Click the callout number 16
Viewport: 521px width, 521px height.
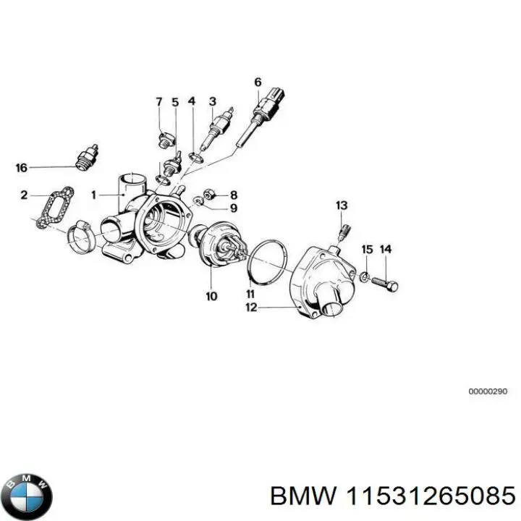pos(22,168)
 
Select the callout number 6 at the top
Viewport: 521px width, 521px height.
pos(257,82)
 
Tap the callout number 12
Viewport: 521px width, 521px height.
pos(251,308)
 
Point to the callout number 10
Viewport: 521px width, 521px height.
pos(211,296)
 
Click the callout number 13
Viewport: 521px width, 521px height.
pos(342,206)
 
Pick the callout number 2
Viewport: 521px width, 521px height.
pos(24,195)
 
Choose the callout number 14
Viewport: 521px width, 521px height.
pos(386,250)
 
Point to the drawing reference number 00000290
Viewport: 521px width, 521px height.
pos(488,391)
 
